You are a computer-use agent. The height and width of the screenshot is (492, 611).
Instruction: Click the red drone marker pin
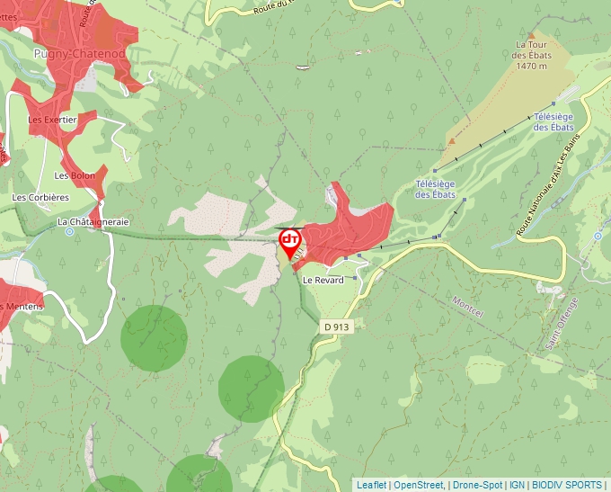[290, 241]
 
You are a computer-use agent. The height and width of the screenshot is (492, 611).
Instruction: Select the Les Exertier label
[52, 119]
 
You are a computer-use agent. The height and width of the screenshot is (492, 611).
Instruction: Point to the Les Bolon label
[75, 175]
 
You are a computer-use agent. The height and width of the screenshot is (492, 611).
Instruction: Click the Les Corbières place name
[40, 197]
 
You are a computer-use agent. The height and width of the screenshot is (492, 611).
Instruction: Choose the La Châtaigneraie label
[93, 221]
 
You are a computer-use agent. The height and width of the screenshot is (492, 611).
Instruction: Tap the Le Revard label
[323, 280]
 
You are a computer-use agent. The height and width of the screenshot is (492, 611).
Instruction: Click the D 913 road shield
[335, 327]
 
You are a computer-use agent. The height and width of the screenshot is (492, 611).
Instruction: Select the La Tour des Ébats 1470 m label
[531, 54]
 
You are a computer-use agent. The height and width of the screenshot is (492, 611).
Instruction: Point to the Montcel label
[468, 307]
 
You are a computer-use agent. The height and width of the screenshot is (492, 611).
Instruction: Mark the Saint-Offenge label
[562, 324]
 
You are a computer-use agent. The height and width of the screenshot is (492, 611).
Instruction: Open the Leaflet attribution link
[371, 485]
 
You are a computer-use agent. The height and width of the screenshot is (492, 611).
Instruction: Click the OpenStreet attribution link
[418, 485]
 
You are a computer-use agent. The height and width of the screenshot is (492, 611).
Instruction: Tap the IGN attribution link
[518, 485]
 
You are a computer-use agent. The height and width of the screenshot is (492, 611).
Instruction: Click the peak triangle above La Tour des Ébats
[531, 35]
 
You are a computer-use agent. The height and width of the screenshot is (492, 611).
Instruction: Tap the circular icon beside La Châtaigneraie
[69, 232]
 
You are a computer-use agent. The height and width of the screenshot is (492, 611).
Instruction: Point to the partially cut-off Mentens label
[20, 306]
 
